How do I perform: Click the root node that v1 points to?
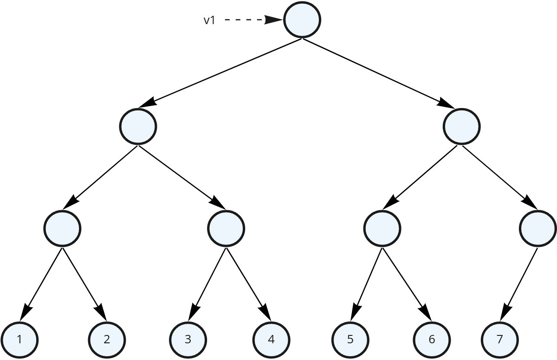(x=302, y=19)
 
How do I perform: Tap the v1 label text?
(x=209, y=20)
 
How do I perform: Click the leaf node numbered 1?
(x=19, y=339)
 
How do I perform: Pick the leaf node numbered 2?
(x=107, y=339)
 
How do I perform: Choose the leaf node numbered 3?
(x=188, y=339)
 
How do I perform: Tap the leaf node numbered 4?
(x=271, y=339)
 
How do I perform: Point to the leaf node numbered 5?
(x=350, y=339)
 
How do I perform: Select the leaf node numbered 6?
(x=432, y=339)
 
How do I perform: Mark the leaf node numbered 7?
(x=499, y=339)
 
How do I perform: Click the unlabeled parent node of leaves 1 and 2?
(x=62, y=228)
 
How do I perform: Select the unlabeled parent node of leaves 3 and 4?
(x=226, y=228)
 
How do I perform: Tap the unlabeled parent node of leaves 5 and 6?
(x=382, y=228)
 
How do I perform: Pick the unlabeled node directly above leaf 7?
(x=538, y=228)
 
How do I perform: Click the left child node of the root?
(x=138, y=126)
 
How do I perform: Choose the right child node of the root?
(x=461, y=126)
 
